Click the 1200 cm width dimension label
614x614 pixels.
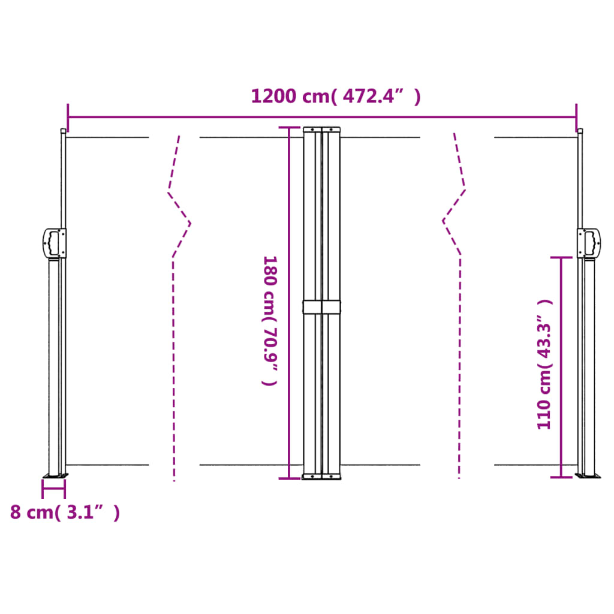[x=335, y=96]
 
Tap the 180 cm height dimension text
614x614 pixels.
[x=270, y=321]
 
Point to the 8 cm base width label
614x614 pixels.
[x=65, y=513]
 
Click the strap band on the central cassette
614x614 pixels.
[x=321, y=307]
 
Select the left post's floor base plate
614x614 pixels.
[x=55, y=476]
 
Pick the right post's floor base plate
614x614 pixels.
[x=588, y=476]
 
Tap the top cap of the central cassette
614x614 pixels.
[x=321, y=129]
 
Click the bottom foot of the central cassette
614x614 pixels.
[x=321, y=477]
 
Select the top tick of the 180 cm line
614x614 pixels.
[x=289, y=128]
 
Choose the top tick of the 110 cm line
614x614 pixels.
[x=561, y=257]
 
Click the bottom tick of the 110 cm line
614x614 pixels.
[x=561, y=477]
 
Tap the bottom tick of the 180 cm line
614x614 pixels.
[x=289, y=478]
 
